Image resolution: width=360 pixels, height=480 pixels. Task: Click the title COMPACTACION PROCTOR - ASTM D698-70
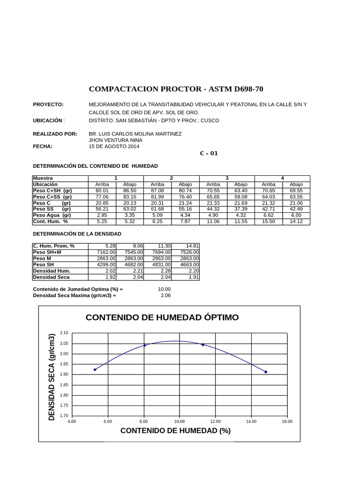coord(179,89)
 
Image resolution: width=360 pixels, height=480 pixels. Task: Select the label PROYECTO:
coord(48,105)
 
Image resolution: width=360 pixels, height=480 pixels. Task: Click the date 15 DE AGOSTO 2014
coord(114,146)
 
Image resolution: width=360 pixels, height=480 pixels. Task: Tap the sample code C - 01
coord(209,153)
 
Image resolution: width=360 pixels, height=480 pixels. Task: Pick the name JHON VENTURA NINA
coord(116,140)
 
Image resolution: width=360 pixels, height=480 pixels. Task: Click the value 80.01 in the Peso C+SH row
coord(102,191)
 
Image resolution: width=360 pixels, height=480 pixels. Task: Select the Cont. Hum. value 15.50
coord(268,221)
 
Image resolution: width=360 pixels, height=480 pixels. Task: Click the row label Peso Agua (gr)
coord(52,215)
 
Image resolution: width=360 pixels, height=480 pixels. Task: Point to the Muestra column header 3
coord(227,178)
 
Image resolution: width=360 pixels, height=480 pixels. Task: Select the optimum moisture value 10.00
coord(165,289)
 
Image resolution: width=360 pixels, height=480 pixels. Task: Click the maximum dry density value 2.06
coord(165,296)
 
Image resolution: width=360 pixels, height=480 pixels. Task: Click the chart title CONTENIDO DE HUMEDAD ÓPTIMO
coord(162,317)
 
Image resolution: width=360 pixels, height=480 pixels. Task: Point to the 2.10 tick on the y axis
coord(64,333)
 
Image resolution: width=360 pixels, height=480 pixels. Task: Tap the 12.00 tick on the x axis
coord(215,421)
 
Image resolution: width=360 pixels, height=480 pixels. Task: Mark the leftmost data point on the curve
coord(95,369)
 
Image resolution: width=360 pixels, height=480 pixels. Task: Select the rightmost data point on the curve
coord(266,372)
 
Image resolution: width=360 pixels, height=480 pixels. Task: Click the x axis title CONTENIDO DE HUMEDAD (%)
coord(175,431)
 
